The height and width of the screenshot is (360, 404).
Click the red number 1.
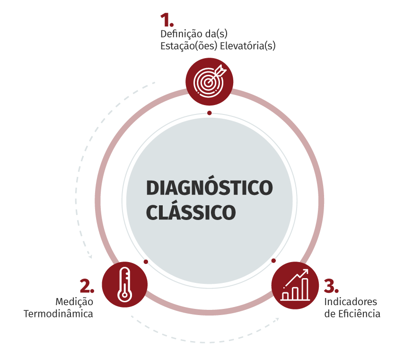point(167,20)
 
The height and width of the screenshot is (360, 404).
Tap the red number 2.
point(87,286)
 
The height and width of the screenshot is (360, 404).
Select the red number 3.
point(331,286)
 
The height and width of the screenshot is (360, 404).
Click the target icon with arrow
point(210,81)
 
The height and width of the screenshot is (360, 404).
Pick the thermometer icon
point(125,284)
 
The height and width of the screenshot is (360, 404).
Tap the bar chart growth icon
point(295,285)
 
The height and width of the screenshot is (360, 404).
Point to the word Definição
point(181,34)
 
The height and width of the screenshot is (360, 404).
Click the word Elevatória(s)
point(248,46)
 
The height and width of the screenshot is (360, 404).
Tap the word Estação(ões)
point(189,46)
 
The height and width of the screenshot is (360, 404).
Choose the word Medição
point(74,302)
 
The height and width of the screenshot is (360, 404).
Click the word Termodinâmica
point(58,314)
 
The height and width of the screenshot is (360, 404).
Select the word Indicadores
point(351,302)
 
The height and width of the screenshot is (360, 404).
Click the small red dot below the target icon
point(210,113)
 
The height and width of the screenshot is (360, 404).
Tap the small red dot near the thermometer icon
point(146,262)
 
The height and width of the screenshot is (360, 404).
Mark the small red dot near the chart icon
point(273,261)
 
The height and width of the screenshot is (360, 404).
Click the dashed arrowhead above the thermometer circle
point(90,256)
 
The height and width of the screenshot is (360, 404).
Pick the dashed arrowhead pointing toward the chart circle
point(277,319)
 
